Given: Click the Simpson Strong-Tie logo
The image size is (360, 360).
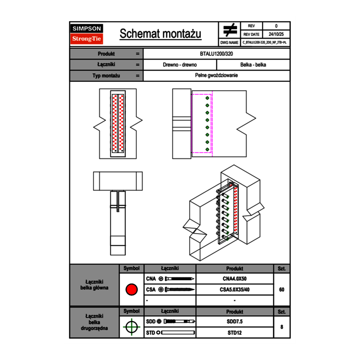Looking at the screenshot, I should point(87,34).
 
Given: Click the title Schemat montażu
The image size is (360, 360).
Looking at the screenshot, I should point(160,34).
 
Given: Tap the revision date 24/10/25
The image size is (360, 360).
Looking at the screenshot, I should point(276,34).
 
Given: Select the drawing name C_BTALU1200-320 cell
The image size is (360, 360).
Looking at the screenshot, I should point(265,42).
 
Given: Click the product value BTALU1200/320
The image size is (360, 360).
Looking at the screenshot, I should point(216,54).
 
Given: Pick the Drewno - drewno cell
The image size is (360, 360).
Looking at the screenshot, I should point(180,65).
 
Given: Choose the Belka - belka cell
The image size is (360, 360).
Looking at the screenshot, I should point(253,65).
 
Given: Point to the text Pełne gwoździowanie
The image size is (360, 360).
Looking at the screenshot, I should point(216,76).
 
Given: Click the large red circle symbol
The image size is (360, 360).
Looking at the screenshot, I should point(131,290).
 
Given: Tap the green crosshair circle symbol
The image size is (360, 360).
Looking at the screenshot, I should point(131,327).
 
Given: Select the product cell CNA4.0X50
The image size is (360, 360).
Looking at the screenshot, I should point(234,279).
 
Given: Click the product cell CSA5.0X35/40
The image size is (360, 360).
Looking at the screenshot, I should point(234,290).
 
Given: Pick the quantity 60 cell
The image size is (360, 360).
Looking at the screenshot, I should point(281,290).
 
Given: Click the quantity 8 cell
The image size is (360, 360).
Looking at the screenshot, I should point(281,327).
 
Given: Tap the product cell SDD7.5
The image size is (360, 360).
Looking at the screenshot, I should point(234,322).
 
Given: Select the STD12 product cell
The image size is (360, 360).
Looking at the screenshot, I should point(234,333).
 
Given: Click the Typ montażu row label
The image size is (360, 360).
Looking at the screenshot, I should point(106,76).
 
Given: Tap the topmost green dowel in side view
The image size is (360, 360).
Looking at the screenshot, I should point(207,98).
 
